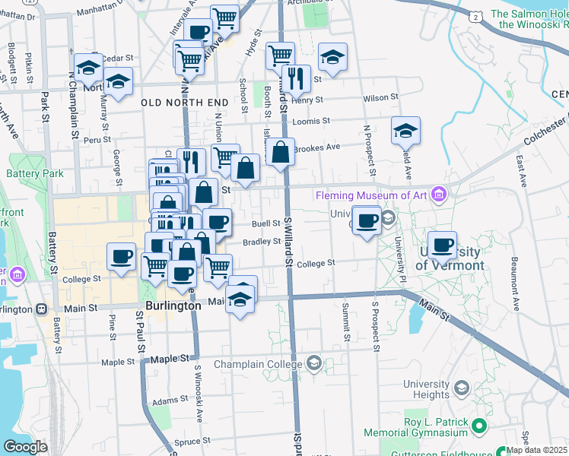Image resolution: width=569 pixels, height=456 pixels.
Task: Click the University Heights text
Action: click(x=426, y=389)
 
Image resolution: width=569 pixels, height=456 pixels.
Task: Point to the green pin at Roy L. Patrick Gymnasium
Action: click(x=478, y=425)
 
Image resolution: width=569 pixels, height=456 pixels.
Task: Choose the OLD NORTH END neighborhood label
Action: click(x=185, y=102)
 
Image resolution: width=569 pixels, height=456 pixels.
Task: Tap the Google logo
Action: click(x=25, y=446)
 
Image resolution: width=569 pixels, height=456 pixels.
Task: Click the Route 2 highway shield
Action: click(x=475, y=17)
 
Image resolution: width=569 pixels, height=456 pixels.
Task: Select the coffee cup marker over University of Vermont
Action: click(x=442, y=245)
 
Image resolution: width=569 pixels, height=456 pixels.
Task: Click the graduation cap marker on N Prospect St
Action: click(x=405, y=131)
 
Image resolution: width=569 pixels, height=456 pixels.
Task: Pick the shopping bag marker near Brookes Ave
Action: click(x=280, y=151)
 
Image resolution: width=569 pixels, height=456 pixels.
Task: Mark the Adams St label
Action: click(x=170, y=400)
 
